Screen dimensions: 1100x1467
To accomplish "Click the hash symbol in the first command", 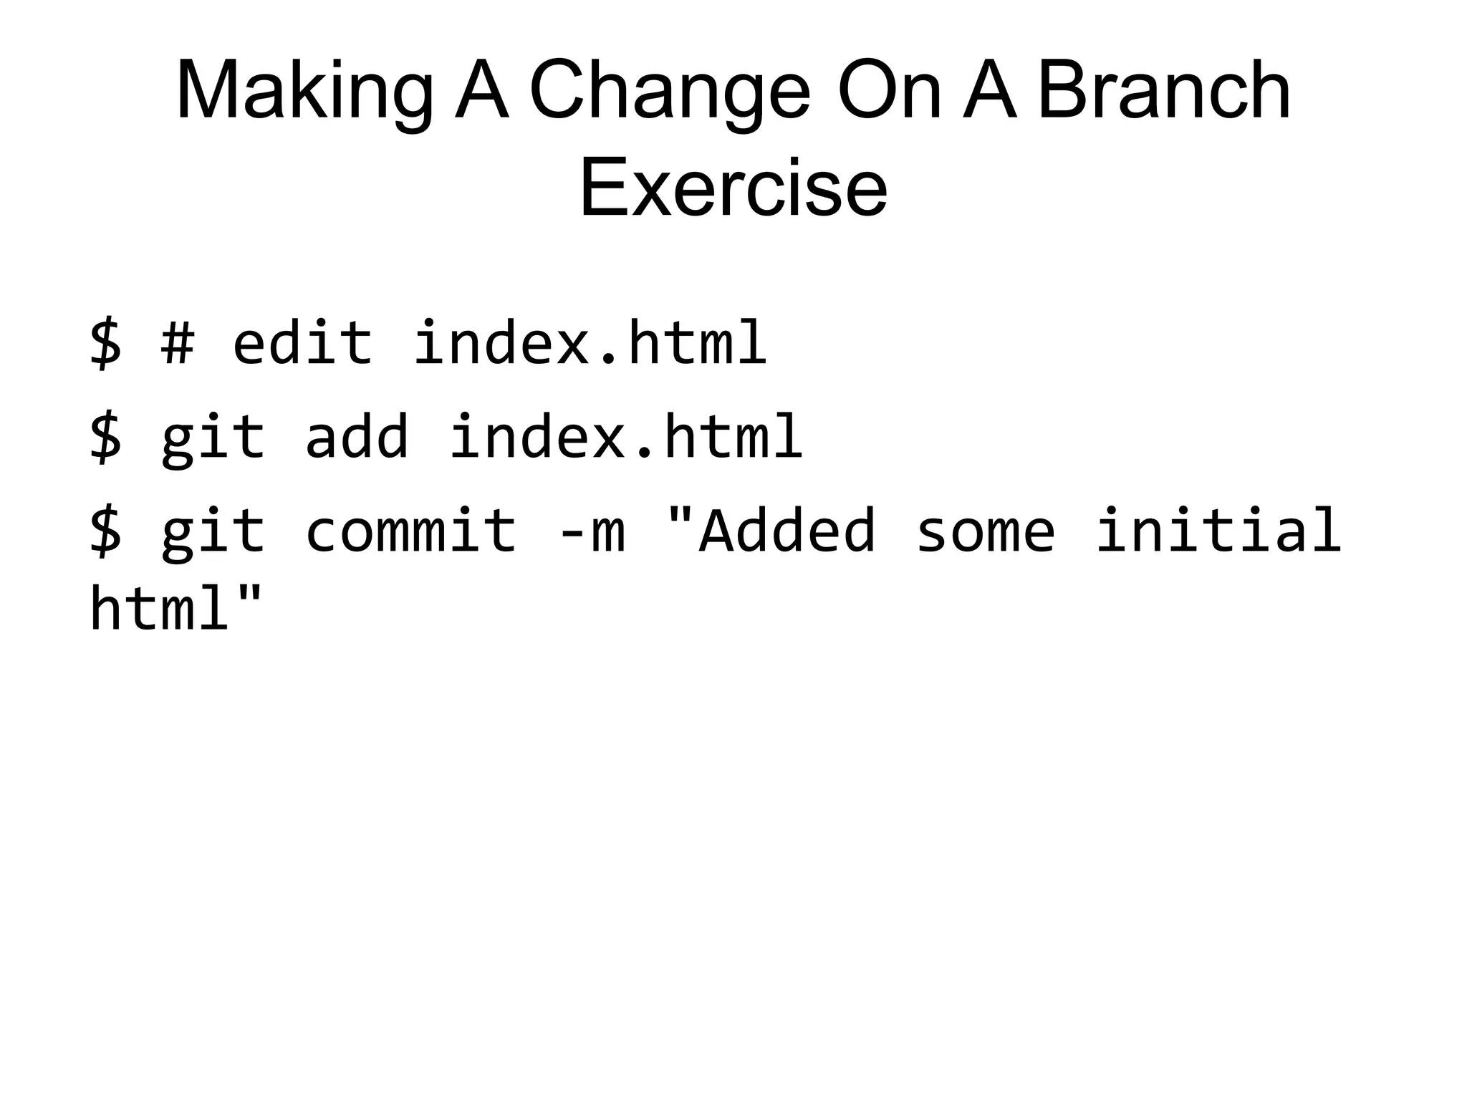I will pyautogui.click(x=177, y=342).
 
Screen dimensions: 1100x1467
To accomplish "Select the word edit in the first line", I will pyautogui.click(x=302, y=342).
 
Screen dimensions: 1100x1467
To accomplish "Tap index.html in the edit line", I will pyautogui.click(x=590, y=342).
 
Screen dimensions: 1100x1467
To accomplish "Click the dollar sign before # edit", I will pyautogui.click(x=105, y=342).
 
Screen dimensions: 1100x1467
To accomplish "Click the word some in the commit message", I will pyautogui.click(x=985, y=531).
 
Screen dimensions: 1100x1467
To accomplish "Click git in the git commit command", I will pyautogui.click(x=213, y=532).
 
